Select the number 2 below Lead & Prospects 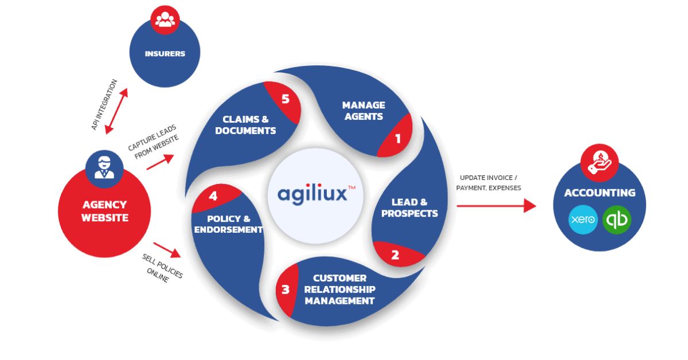[x=395, y=255]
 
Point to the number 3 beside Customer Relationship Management [x=286, y=290]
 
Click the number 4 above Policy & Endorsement [x=213, y=196]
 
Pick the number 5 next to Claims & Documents [x=286, y=99]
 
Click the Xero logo [x=583, y=220]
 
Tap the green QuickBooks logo [x=617, y=220]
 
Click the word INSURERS [x=165, y=54]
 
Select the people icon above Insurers [x=165, y=21]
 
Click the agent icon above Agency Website [x=104, y=166]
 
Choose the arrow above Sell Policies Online [x=166, y=249]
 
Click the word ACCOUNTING [x=599, y=193]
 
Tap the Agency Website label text [x=104, y=211]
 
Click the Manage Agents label [x=363, y=111]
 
